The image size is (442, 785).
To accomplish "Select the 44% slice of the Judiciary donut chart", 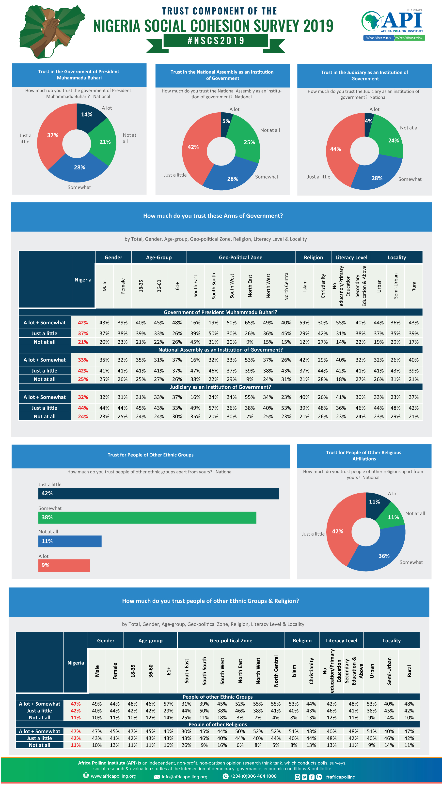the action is pos(339,149).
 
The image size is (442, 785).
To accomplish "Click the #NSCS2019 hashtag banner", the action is pos(216,41).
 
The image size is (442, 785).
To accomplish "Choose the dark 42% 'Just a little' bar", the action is pos(159,493).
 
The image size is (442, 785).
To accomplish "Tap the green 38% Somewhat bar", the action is pos(147,517).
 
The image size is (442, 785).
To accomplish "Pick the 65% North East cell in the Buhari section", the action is pos(250,323).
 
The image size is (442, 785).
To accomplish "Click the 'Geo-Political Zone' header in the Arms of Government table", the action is pos(241,257).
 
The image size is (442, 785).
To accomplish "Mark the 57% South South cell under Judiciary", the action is pos(214,408).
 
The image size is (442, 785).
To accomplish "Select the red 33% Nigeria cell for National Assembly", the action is pos(83,360).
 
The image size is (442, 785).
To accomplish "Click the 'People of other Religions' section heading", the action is pos(218,724).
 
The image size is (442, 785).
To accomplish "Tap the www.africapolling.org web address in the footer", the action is pos(113,776).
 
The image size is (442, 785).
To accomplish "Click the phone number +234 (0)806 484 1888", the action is pos(253,776).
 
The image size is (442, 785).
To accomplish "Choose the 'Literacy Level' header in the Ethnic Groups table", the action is pos(342,641).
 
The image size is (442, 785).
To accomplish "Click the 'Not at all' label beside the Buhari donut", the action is pos(129,138).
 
